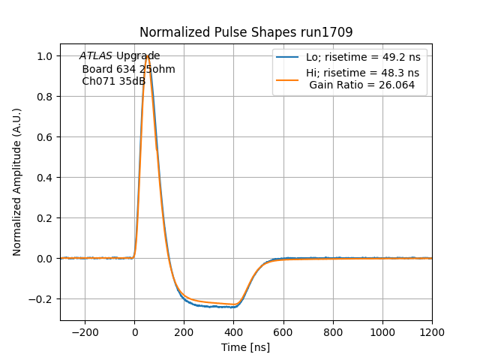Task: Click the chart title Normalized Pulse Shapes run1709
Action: click(x=246, y=32)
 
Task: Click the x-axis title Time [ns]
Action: click(x=245, y=347)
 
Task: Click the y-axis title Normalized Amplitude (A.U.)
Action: click(x=17, y=182)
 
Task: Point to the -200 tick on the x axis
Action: click(x=85, y=331)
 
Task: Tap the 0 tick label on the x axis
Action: click(x=134, y=331)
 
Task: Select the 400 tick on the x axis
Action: click(x=233, y=331)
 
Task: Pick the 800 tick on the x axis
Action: click(x=333, y=331)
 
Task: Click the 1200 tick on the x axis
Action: click(x=432, y=331)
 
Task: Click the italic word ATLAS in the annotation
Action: click(x=96, y=56)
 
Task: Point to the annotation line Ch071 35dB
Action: click(x=113, y=81)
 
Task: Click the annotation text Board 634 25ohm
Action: click(x=128, y=69)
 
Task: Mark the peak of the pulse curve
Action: click(x=148, y=56)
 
